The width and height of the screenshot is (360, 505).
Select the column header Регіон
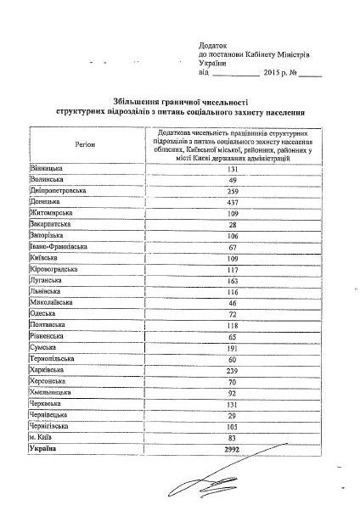click(x=84, y=145)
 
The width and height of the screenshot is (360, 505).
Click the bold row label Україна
click(x=44, y=448)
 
